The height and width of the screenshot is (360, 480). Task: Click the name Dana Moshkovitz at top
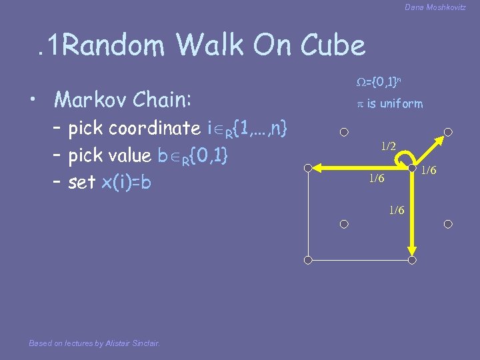[435, 7]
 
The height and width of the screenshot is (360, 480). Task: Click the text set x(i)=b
[110, 182]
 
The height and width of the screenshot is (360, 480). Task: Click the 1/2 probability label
[388, 146]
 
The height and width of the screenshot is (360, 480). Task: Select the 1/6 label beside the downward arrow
[397, 210]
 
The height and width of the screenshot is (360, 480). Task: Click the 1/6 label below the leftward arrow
[377, 179]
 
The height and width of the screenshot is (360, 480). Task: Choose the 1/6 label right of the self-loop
[429, 171]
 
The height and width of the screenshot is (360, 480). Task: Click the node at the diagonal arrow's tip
[449, 132]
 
